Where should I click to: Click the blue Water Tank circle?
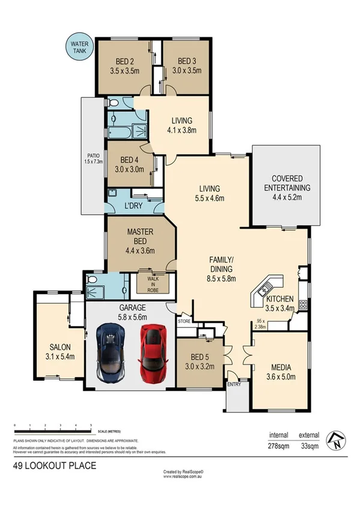(79, 48)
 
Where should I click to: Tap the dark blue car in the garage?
(112, 355)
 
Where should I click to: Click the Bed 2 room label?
(124, 61)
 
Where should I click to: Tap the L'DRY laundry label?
(134, 206)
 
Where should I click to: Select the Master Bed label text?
(140, 236)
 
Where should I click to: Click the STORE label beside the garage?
(184, 322)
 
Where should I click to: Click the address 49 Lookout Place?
(54, 465)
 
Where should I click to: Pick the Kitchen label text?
(280, 299)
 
